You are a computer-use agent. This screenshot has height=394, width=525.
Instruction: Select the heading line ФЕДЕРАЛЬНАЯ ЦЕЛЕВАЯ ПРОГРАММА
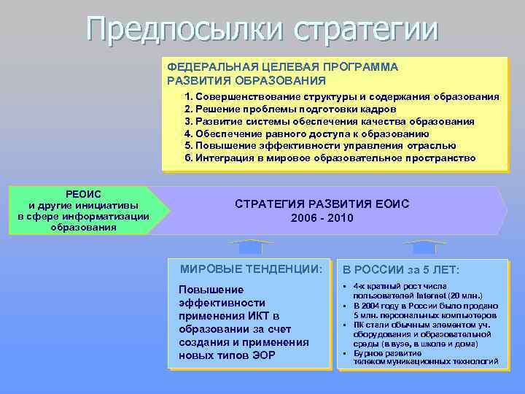[x=282, y=66]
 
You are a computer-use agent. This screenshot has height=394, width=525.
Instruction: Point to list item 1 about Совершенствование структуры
[x=342, y=96]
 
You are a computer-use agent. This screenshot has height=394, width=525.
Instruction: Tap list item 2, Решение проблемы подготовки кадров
[x=290, y=109]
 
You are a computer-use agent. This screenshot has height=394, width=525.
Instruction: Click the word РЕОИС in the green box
[x=83, y=193]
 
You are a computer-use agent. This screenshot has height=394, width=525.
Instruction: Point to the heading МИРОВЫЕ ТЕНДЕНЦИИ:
[x=250, y=269]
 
